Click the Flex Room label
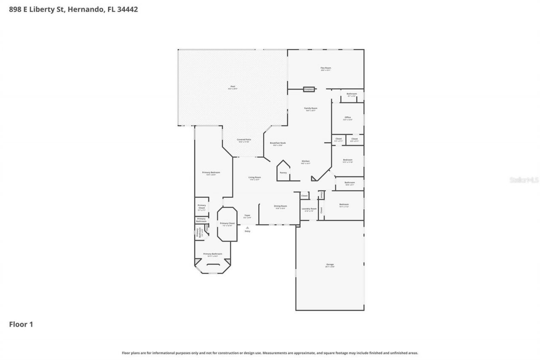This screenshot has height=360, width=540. (x=326, y=68)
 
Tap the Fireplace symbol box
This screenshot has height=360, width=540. (x=309, y=89)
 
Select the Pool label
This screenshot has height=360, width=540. (x=232, y=87)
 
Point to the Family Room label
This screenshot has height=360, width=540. (x=311, y=108)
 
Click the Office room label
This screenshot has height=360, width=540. (x=348, y=118)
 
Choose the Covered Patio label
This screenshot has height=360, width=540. (x=244, y=140)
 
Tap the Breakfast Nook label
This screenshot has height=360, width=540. (x=278, y=143)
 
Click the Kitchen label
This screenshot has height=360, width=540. (x=305, y=162)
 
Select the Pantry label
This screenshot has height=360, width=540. (x=283, y=172)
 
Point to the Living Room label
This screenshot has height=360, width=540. (x=254, y=178)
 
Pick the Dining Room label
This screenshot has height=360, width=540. (x=281, y=206)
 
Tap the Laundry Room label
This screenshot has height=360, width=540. (x=309, y=209)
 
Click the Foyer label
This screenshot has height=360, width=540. (x=247, y=215)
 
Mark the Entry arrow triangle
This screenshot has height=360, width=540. (x=247, y=227)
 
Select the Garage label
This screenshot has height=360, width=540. (x=330, y=265)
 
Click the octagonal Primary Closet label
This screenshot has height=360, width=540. (x=227, y=224)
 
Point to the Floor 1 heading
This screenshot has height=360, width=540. (x=21, y=324)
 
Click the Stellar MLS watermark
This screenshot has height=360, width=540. (x=524, y=180)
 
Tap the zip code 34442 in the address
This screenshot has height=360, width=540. (x=128, y=9)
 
